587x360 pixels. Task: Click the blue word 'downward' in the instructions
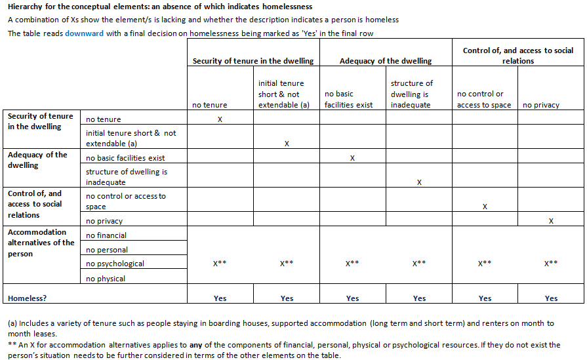coord(83,33)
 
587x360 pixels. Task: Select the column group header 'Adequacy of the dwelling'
coord(386,61)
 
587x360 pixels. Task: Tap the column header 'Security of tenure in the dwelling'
coord(253,61)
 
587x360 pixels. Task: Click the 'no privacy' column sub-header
coord(541,105)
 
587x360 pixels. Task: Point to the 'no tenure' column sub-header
coord(210,105)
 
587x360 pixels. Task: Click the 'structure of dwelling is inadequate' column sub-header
coord(412,94)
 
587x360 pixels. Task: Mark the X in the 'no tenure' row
coord(220,119)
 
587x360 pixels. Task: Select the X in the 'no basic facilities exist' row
coord(353,158)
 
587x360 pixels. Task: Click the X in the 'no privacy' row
coord(551,221)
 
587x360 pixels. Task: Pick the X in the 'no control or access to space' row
coord(485,207)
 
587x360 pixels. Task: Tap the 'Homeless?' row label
coord(28,298)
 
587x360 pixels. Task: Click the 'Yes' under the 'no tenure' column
coord(220,298)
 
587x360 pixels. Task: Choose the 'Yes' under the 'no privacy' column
coord(551,298)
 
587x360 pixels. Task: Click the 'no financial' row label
coord(106,235)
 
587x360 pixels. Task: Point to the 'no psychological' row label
coord(115,264)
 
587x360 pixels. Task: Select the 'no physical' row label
coord(106,279)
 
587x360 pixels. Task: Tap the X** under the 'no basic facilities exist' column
coord(353,264)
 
